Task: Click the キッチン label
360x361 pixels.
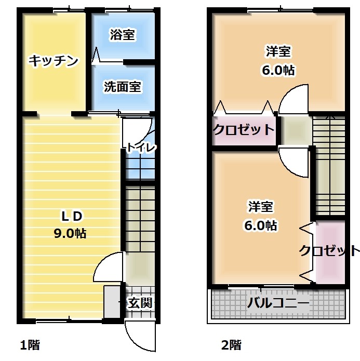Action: tap(54, 61)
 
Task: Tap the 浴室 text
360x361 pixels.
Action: tap(122, 34)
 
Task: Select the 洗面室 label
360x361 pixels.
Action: tap(122, 87)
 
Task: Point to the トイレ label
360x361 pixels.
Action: tap(141, 148)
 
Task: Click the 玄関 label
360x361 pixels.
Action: tap(140, 302)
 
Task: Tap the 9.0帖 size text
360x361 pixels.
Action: tap(70, 233)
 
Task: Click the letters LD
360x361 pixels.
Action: tap(71, 216)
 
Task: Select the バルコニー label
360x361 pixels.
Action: tap(278, 303)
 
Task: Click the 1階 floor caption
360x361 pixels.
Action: tap(30, 345)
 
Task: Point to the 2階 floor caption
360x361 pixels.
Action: tap(231, 345)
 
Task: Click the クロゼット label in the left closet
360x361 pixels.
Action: tap(244, 130)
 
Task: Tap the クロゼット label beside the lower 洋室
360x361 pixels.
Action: tap(329, 250)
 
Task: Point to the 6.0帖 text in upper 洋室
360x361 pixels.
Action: tap(278, 70)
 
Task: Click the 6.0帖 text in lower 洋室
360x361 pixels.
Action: tap(260, 225)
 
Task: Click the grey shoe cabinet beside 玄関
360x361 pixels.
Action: tap(112, 302)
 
